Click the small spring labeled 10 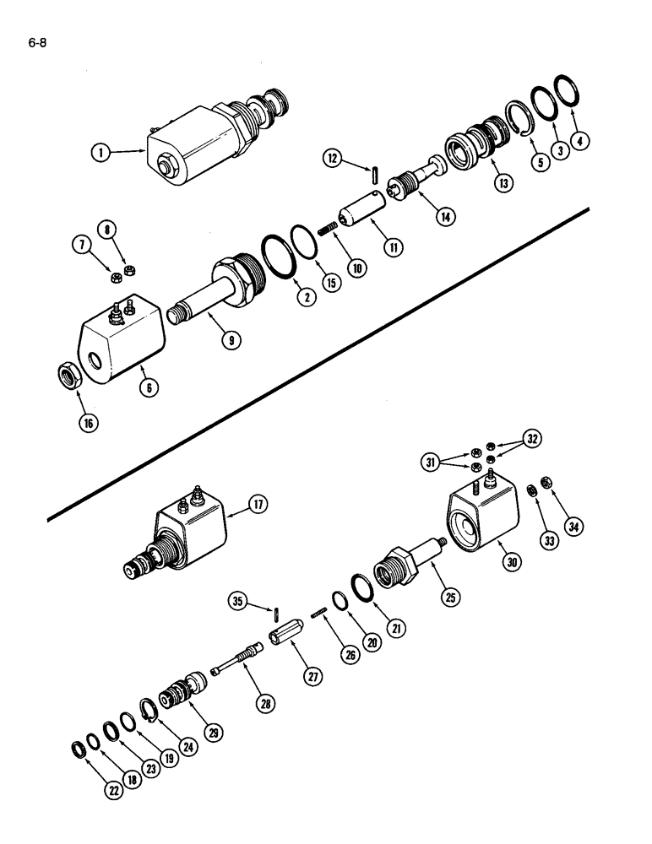point(328,229)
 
